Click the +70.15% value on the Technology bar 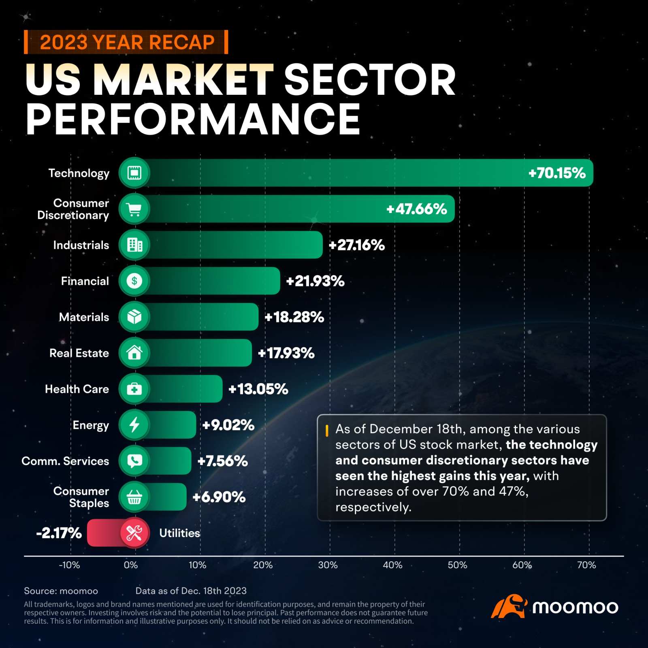click(x=557, y=173)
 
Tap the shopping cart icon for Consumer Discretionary click(x=134, y=209)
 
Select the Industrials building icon click(x=134, y=245)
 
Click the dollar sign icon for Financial click(x=134, y=281)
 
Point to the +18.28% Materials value click(x=294, y=317)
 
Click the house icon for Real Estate click(x=134, y=353)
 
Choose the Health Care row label click(x=77, y=389)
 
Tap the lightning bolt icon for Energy click(x=134, y=425)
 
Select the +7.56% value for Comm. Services click(x=222, y=461)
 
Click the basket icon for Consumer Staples click(x=134, y=497)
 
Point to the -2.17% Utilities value click(x=59, y=533)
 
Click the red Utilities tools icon click(x=134, y=533)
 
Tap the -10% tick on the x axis click(x=69, y=565)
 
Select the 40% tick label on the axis click(x=392, y=565)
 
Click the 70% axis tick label click(x=586, y=565)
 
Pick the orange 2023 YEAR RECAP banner click(x=126, y=42)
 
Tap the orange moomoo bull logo click(x=509, y=606)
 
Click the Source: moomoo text click(x=61, y=591)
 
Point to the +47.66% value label click(x=416, y=209)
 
